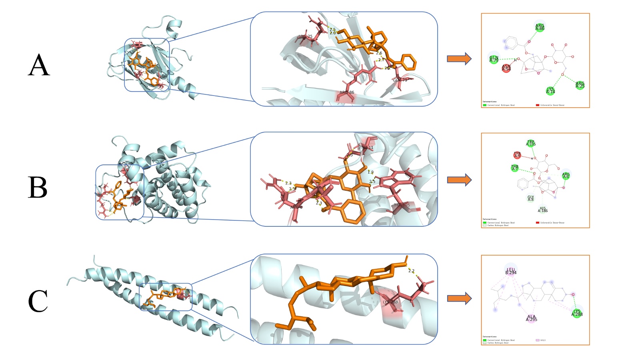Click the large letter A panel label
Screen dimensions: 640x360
pyautogui.click(x=39, y=65)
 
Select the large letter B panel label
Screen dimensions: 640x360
pyautogui.click(x=38, y=187)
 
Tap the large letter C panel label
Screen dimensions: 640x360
pyautogui.click(x=38, y=301)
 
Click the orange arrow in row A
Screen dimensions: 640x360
pyautogui.click(x=459, y=59)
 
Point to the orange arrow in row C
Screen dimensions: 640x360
pyautogui.click(x=459, y=298)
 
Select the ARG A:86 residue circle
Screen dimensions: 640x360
pyautogui.click(x=540, y=27)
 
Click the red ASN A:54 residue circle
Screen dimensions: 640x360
pyautogui.click(x=506, y=68)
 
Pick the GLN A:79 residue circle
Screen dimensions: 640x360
pyautogui.click(x=494, y=59)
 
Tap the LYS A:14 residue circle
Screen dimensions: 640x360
pyautogui.click(x=550, y=91)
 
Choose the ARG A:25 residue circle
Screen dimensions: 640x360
pyautogui.click(x=580, y=85)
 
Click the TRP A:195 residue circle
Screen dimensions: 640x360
pyautogui.click(x=531, y=143)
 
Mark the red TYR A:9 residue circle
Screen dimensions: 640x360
pyautogui.click(x=517, y=155)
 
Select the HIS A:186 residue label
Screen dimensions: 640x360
pyautogui.click(x=543, y=210)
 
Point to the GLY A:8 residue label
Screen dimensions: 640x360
pyautogui.click(x=530, y=198)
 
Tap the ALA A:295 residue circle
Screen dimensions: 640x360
pyautogui.click(x=531, y=318)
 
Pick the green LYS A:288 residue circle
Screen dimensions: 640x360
pyautogui.click(x=577, y=313)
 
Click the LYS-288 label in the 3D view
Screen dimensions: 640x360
pyautogui.click(x=390, y=302)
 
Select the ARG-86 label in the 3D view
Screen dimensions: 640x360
pyautogui.click(x=347, y=92)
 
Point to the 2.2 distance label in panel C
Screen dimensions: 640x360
pyautogui.click(x=411, y=271)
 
